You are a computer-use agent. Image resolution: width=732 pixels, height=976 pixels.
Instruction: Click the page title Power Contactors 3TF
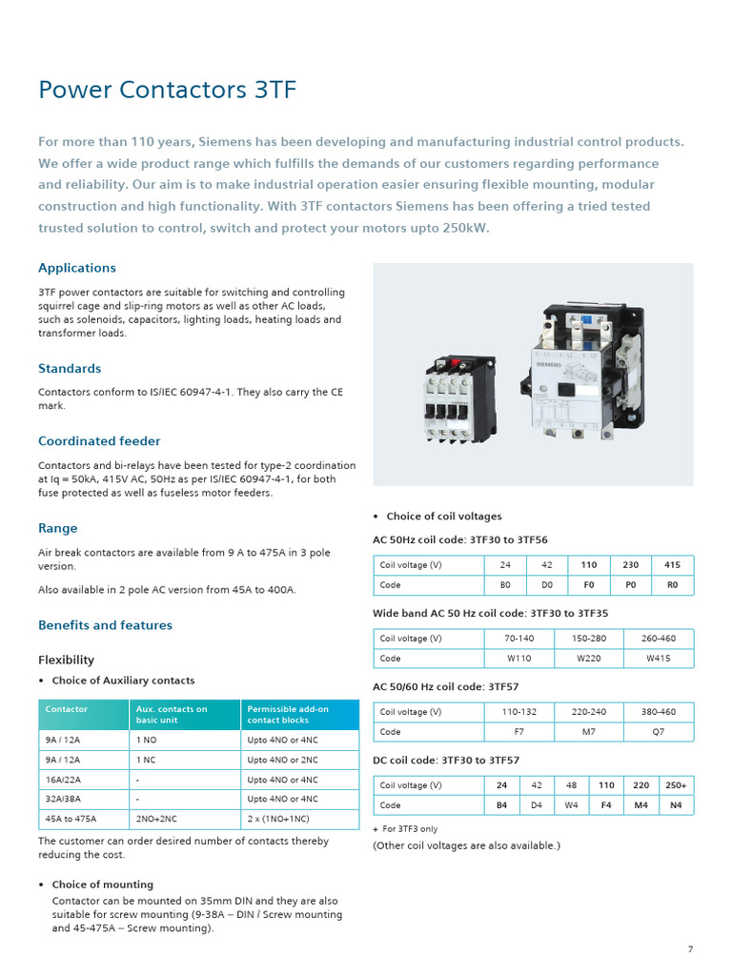tap(167, 91)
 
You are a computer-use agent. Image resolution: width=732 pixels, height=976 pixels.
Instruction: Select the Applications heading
tap(77, 268)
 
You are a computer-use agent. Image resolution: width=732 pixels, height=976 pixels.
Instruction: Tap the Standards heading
tap(70, 368)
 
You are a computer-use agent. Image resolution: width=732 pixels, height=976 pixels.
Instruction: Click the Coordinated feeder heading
tap(99, 441)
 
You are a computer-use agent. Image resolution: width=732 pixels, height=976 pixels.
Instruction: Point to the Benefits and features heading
tap(105, 625)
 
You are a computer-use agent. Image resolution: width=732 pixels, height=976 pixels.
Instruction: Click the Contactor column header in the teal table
tap(67, 709)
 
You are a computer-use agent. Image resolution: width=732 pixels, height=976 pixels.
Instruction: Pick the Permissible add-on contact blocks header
tap(288, 715)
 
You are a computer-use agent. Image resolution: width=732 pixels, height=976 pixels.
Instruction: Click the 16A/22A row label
tap(63, 780)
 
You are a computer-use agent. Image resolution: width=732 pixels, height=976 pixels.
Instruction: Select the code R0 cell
tap(672, 585)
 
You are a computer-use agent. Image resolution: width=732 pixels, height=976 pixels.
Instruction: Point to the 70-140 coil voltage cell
tap(519, 639)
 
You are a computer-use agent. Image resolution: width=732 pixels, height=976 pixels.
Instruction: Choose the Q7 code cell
tap(658, 732)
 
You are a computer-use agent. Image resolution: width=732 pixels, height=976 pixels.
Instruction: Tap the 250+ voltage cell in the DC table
tap(676, 785)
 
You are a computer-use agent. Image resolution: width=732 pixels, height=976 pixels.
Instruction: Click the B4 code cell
tap(502, 805)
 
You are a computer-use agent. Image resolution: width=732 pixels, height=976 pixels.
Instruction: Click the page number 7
tap(690, 949)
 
